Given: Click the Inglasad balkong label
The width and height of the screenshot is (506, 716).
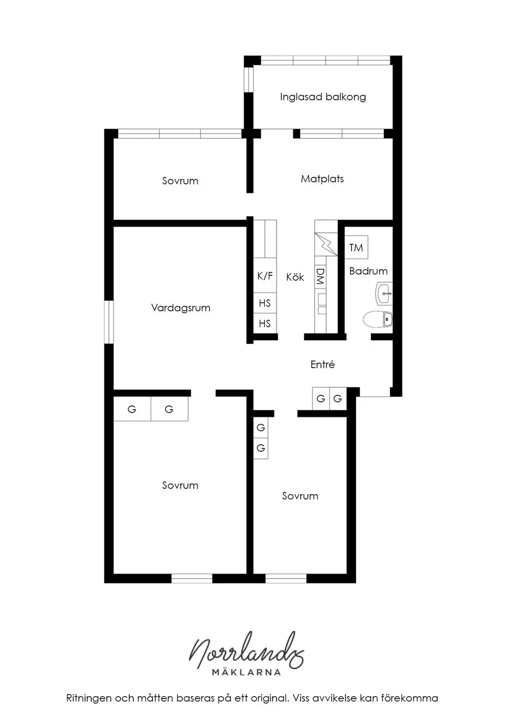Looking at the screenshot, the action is point(323,97).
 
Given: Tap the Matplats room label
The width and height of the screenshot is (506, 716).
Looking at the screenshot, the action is point(322,179).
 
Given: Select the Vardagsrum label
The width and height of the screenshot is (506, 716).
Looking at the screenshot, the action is point(180,308).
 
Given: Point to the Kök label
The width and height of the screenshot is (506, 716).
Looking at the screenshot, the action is point(295,277).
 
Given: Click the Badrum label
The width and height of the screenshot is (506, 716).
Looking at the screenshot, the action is point(368,271).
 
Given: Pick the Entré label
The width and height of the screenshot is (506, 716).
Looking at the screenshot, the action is point(323,364).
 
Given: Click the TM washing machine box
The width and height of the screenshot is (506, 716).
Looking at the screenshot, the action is point(356,248).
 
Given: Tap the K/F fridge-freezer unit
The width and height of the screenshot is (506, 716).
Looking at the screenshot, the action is point(265,275).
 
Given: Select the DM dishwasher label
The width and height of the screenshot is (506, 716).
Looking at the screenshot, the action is point(320,276).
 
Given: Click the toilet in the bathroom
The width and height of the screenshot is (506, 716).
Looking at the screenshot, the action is point(378,319).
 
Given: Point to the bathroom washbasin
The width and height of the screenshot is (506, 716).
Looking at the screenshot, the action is point(383,293).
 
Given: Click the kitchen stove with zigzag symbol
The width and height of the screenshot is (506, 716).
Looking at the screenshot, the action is point(326,245).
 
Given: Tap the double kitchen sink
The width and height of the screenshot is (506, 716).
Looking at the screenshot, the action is point(322,304).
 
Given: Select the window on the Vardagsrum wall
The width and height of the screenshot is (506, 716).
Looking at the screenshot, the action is point(109,322).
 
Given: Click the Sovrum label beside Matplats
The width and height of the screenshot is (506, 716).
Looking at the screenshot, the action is point(180,181).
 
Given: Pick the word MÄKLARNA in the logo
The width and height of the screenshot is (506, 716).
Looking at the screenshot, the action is point(246,672).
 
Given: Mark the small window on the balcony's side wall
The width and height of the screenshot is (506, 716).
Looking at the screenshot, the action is point(249,79).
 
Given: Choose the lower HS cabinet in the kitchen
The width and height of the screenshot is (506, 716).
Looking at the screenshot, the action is point(265,324).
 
